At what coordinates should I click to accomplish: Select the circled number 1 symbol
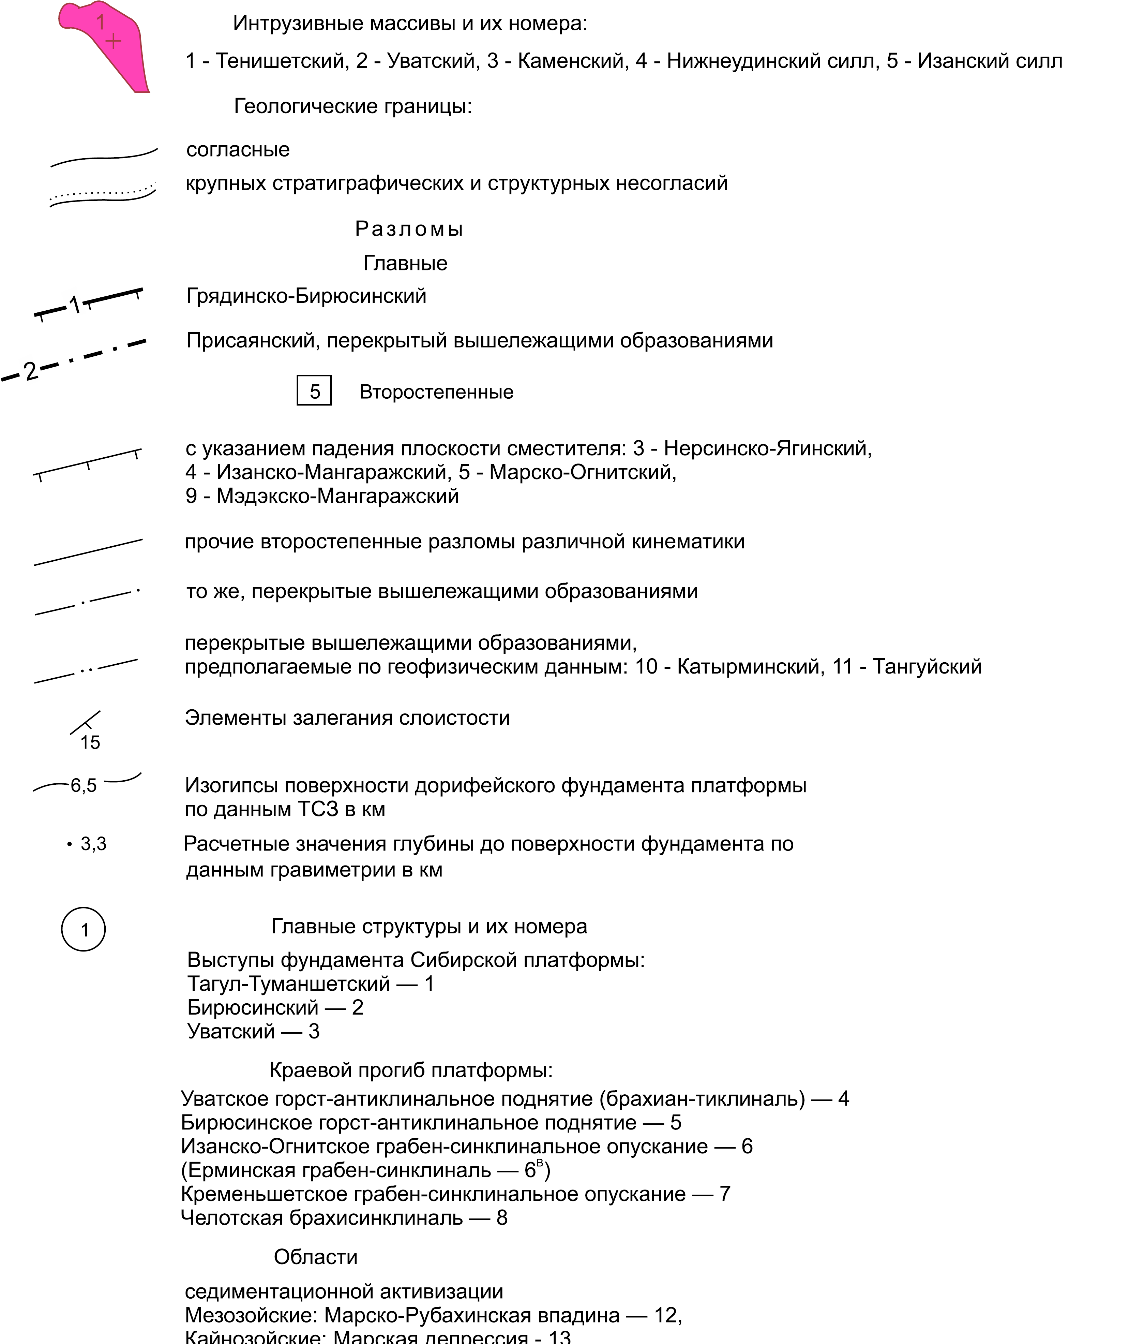click(84, 930)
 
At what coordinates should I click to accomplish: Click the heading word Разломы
click(409, 229)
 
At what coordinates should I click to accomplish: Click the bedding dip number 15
click(90, 743)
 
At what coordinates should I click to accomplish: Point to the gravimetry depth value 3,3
click(93, 844)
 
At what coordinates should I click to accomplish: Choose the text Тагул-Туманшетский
click(289, 984)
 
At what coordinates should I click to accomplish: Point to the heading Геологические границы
click(353, 106)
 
